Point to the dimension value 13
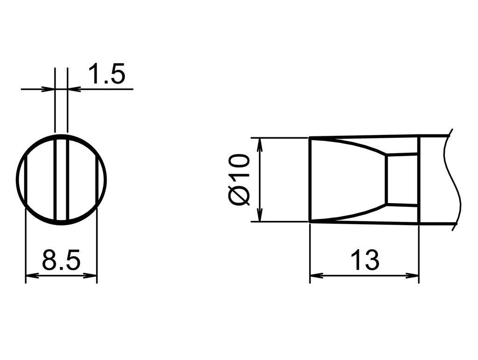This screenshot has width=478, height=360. click(365, 261)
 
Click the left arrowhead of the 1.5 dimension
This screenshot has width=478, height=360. click(49, 89)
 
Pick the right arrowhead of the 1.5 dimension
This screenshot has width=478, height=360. click(74, 89)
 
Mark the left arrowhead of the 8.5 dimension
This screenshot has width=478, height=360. click(31, 275)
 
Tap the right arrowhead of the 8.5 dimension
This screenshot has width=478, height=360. click(91, 275)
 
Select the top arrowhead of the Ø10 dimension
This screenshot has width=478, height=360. click(260, 143)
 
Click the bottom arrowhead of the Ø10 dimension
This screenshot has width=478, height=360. click(260, 216)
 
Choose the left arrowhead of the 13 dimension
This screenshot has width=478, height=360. click(316, 275)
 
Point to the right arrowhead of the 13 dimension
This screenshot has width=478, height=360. click(413, 275)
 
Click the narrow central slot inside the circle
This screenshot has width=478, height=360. click(61, 180)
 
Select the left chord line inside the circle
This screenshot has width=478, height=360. click(26, 180)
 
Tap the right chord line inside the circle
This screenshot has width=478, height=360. click(97, 180)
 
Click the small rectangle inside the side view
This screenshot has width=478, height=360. click(402, 180)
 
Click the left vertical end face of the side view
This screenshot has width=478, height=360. click(310, 180)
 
